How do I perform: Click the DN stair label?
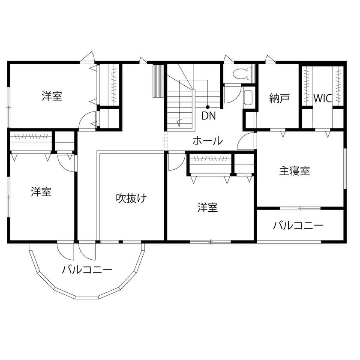pos(209,115)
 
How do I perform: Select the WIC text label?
pos(322,98)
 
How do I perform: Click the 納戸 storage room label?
pos(279,99)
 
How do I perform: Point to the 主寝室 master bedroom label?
pos(294,171)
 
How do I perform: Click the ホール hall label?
pos(207,141)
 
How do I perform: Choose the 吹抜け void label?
pos(132,198)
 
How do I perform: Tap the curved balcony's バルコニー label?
pos(87,270)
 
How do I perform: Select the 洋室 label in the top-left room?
pos(52,96)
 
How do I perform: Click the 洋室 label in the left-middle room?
pos(41,192)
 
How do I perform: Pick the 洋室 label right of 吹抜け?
pos(207,208)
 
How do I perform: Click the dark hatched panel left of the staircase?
pos(159,81)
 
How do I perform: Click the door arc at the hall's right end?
pos(246,141)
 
